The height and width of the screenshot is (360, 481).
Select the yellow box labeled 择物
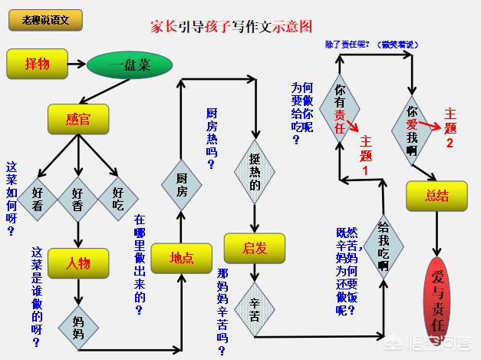(x=37, y=64)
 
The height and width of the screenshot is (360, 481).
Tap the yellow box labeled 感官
(x=78, y=119)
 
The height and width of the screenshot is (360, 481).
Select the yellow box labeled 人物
(x=78, y=263)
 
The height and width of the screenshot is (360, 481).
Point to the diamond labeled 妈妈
(x=78, y=323)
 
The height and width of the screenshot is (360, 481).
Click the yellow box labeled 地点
(x=181, y=259)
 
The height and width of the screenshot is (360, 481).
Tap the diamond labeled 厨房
(x=181, y=181)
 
